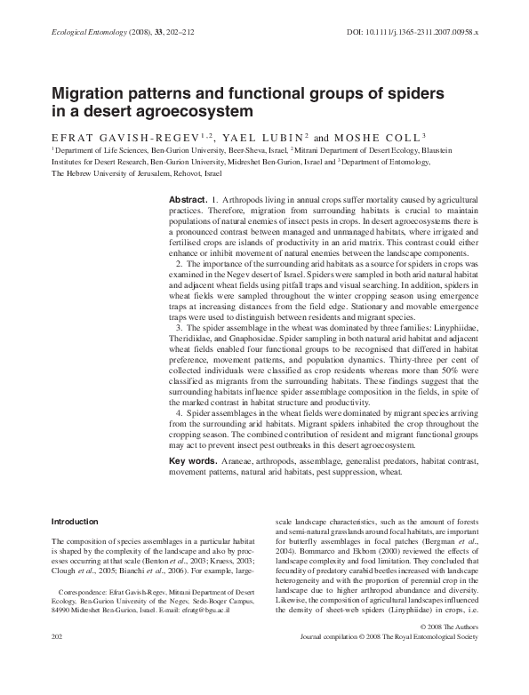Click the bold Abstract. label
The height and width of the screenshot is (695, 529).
188,203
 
